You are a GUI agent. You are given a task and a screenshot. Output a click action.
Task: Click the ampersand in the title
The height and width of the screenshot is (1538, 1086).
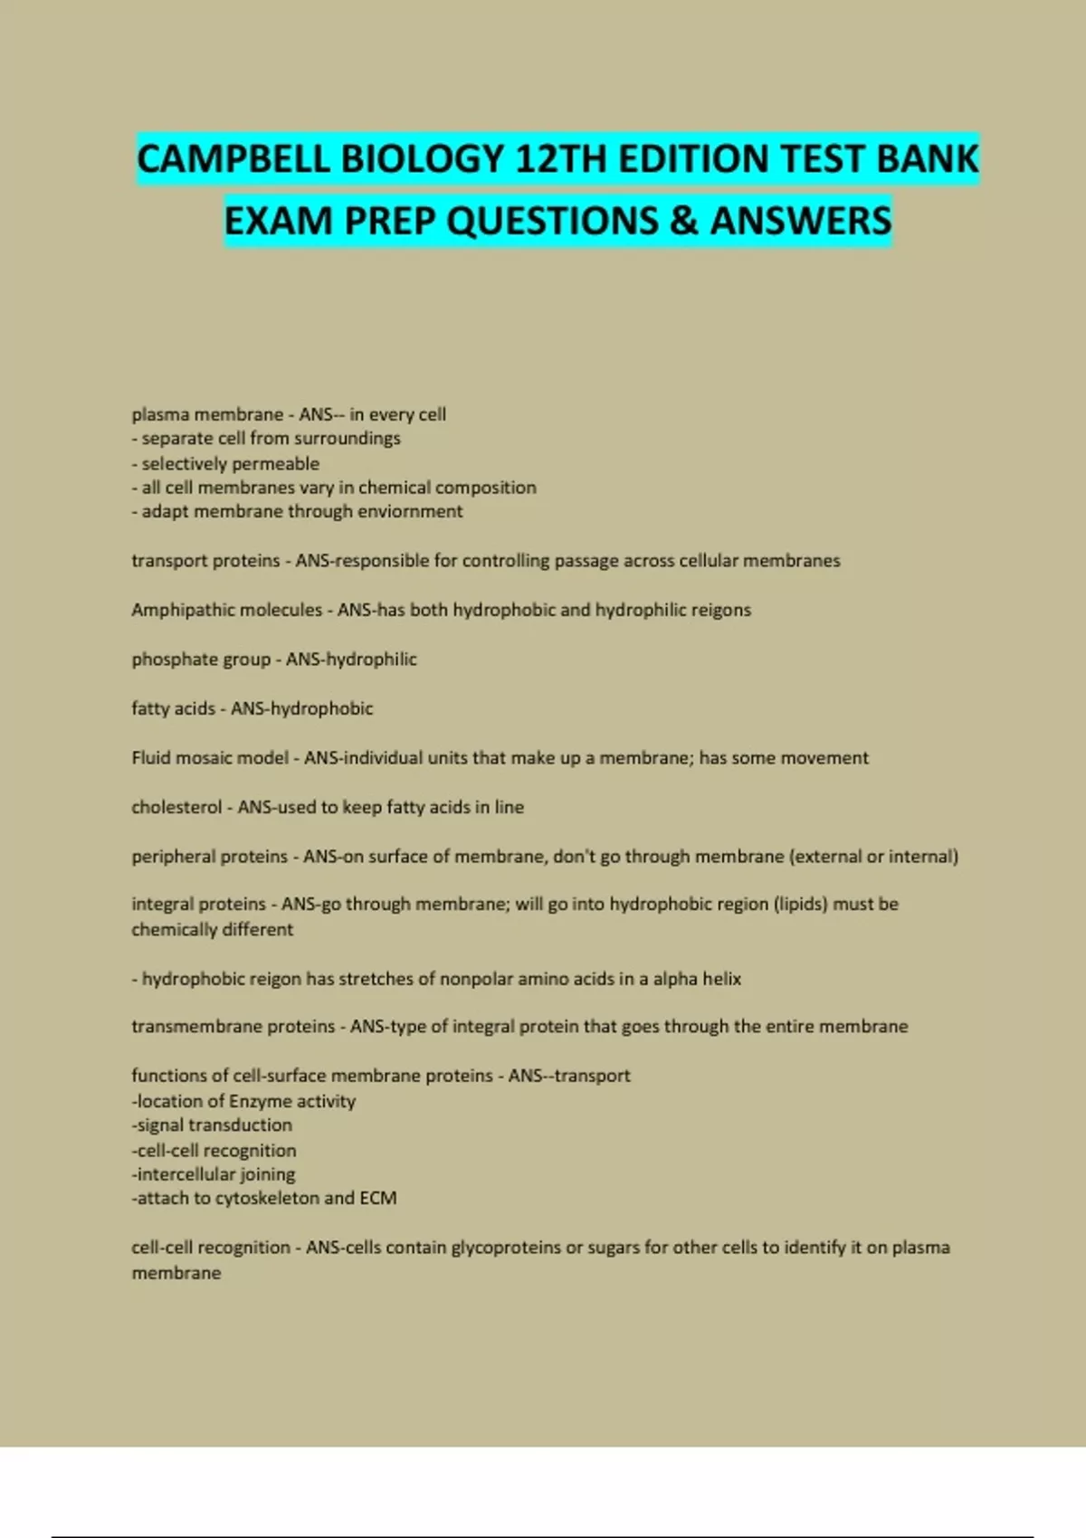point(684,221)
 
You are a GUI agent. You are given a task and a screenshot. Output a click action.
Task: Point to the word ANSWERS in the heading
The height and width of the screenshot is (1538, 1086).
point(801,221)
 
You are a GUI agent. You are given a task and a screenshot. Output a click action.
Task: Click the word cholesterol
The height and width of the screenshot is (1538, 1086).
point(176,807)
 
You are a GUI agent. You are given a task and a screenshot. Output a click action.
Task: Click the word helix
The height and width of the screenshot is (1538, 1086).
point(721,979)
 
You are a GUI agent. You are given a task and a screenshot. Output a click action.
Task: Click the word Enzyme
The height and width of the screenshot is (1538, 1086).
point(260,1101)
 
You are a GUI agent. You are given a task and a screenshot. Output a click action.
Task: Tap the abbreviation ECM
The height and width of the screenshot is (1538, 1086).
point(378,1199)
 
